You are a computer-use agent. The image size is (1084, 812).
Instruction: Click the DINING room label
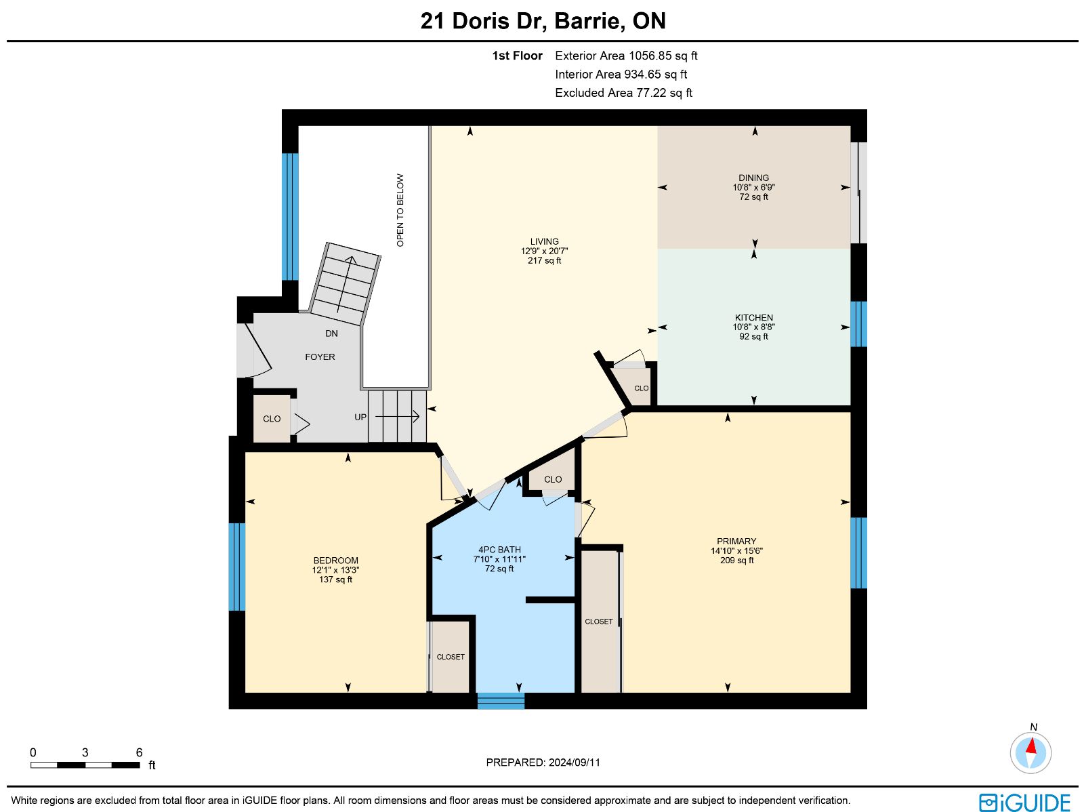[x=753, y=178]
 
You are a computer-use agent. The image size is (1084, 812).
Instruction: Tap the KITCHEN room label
[x=753, y=318]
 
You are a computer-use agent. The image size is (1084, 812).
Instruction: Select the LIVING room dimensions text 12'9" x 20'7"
[x=544, y=251]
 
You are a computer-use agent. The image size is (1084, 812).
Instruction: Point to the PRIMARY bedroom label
[x=736, y=542]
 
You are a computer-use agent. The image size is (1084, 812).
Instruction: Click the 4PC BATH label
[x=499, y=550]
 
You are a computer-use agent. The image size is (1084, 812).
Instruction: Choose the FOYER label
[x=320, y=357]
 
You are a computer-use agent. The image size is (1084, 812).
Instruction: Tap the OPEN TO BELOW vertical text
[x=400, y=210]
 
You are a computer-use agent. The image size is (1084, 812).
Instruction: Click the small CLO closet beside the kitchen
[x=641, y=388]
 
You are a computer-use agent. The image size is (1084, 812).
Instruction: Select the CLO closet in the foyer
[x=272, y=419]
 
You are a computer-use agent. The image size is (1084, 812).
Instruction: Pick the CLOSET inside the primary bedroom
[x=598, y=622]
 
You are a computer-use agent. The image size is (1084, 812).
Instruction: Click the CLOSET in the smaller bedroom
[x=451, y=656]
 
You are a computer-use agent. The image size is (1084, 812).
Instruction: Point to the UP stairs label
[x=360, y=418]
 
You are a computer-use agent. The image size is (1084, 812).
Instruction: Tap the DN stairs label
[x=331, y=334]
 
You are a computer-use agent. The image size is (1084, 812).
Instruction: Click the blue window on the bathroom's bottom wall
[x=501, y=701]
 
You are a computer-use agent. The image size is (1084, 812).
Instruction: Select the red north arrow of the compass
[x=1031, y=746]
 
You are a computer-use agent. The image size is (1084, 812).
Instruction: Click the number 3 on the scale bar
[x=85, y=752]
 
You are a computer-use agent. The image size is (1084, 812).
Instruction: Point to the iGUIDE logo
[x=1024, y=802]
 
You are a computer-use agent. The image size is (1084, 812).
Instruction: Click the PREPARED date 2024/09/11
[x=575, y=762]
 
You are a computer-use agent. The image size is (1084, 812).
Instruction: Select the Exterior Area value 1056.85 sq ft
[x=663, y=56]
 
